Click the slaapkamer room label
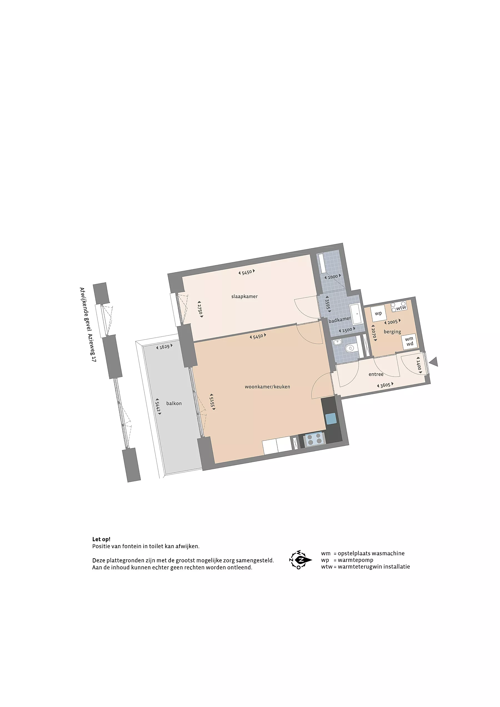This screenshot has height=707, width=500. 244,297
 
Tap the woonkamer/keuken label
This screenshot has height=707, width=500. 267,387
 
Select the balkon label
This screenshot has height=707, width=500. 174,403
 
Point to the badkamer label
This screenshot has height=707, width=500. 339,320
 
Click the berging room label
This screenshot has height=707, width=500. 392,332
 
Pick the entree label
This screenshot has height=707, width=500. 376,374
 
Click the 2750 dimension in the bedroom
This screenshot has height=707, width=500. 200,309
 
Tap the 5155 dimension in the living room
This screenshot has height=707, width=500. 212,402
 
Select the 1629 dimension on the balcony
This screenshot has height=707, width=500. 164,347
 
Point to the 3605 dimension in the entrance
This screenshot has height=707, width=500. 385,385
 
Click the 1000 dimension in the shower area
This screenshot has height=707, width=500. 333,277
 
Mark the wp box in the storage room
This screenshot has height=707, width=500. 378,314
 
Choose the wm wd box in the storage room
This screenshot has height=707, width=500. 409,342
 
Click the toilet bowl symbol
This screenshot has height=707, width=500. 350,348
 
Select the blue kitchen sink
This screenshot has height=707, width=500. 331,419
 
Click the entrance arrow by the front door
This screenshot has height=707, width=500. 434,362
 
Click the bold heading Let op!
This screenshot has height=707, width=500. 101,539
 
